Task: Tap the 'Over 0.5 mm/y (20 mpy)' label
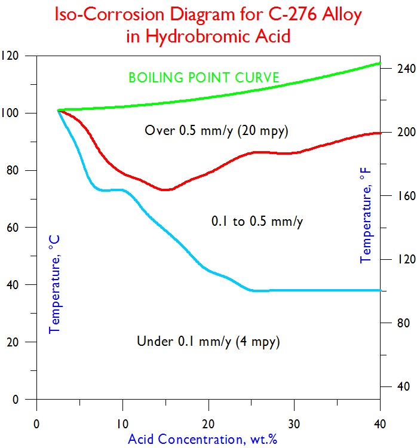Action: [220, 130]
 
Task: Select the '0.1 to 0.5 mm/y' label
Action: [257, 222]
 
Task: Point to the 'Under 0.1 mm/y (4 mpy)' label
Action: [208, 342]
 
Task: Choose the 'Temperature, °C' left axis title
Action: [54, 284]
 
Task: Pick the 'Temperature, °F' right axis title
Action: [365, 216]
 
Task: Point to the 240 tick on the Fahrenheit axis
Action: [398, 69]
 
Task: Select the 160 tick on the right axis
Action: [398, 196]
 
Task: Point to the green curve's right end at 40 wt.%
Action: [380, 63]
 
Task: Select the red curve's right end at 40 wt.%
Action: [380, 133]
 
